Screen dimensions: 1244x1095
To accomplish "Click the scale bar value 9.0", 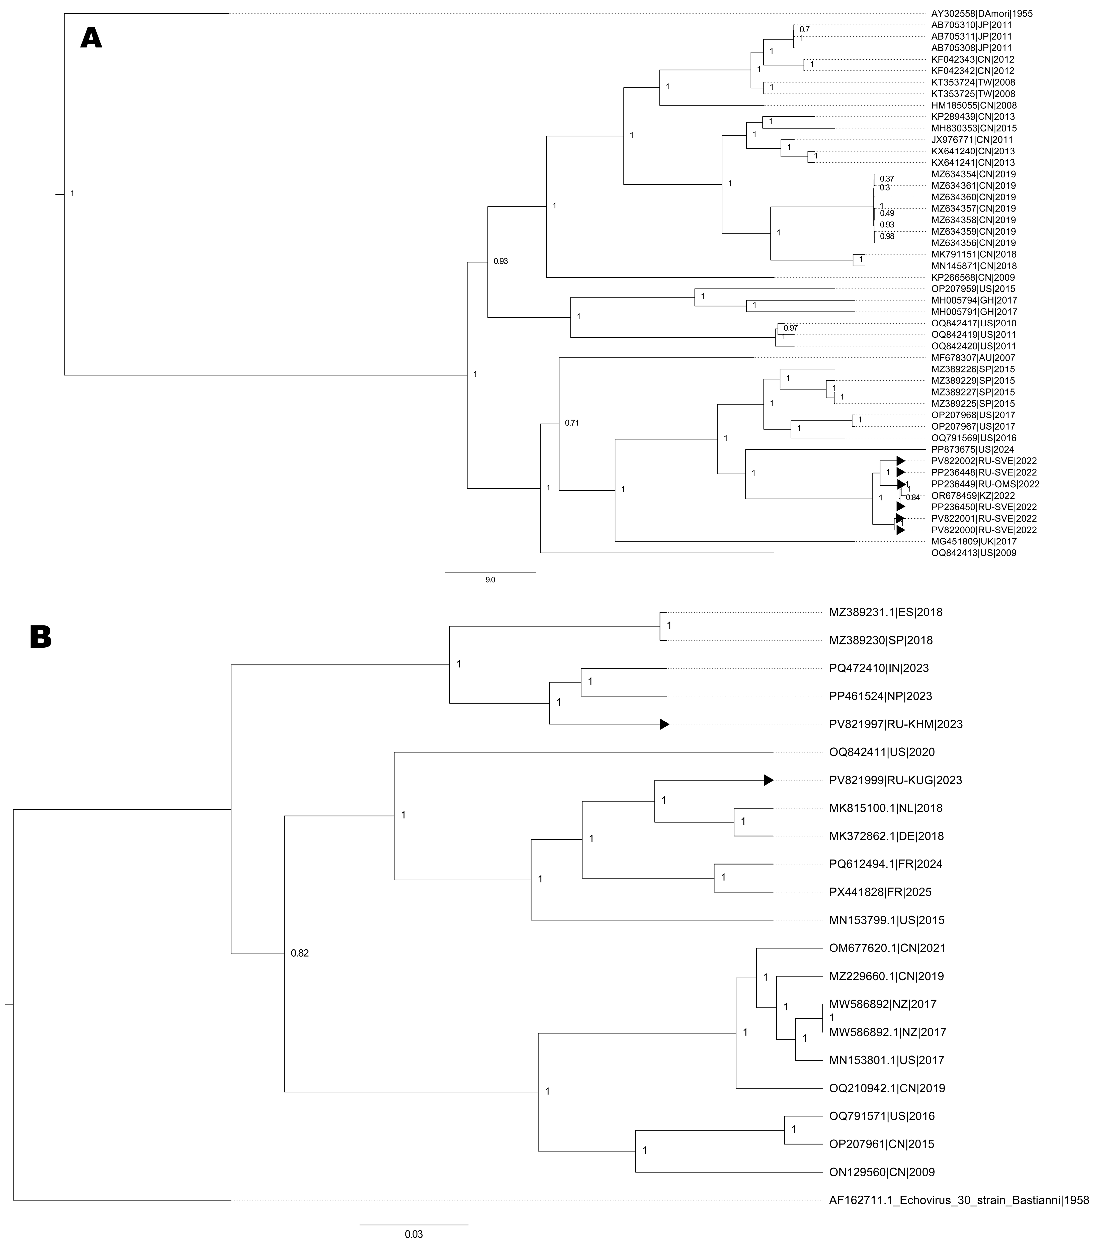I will click(x=490, y=580).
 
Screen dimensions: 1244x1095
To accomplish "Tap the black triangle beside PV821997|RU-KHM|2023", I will click(x=665, y=724).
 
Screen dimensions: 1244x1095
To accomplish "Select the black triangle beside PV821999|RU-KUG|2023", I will click(x=769, y=780).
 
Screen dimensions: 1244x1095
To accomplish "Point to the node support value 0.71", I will click(x=571, y=422).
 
